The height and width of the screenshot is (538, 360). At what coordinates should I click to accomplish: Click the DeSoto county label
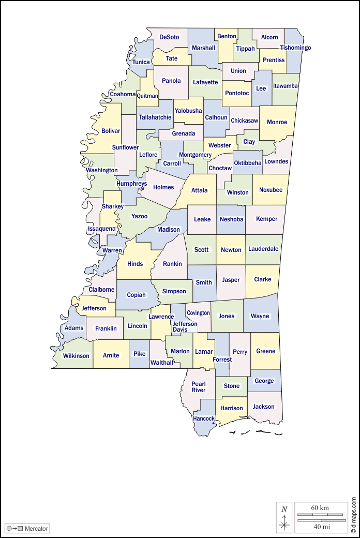pos(169,37)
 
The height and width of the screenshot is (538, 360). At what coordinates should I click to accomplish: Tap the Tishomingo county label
pos(295,48)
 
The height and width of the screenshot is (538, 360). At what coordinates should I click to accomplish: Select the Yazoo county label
pos(139,216)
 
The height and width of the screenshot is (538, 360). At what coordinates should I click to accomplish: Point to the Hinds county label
pos(135,264)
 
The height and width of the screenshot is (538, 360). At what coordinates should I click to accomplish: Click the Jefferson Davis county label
pos(185,327)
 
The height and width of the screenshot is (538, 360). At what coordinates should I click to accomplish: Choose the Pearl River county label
pos(199,387)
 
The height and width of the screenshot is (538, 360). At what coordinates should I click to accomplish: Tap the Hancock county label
pos(204,419)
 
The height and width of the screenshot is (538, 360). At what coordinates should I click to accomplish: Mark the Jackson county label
pos(264,407)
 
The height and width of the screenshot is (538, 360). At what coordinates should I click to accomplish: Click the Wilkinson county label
pos(76,356)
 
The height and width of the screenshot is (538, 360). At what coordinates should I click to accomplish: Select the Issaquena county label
pos(102,229)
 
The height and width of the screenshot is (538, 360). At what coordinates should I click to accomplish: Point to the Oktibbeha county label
pos(248,163)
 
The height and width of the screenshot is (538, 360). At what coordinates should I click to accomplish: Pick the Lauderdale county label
pos(263,249)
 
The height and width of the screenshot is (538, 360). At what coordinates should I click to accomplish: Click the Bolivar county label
pos(111,131)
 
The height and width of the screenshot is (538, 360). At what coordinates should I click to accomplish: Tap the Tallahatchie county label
pos(155,117)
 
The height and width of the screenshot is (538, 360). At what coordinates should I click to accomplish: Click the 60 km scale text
pos(320,507)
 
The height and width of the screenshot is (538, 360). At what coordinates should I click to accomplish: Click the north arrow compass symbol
pos(284,517)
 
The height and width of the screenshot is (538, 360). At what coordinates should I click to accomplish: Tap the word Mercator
pos(36,528)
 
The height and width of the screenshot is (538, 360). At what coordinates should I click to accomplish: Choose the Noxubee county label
pos(271,190)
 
